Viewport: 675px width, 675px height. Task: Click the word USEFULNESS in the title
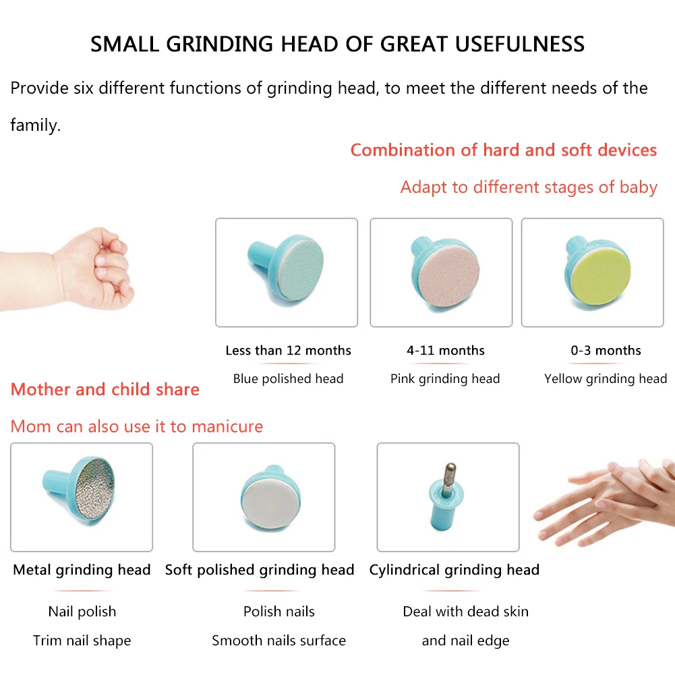pos(520,44)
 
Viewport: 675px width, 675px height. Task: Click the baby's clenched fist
pos(99,269)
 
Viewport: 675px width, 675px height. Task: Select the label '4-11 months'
pos(446,351)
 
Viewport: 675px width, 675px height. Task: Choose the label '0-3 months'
pos(606,351)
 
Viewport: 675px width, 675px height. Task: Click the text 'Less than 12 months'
pos(289,351)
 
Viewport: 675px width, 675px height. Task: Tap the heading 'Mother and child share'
pos(105,389)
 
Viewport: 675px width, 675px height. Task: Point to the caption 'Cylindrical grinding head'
pos(454,570)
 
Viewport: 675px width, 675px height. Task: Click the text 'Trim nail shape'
pos(82,641)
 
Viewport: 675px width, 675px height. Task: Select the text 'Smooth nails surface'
pos(279,641)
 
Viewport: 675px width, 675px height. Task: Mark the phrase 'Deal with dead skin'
pos(466,612)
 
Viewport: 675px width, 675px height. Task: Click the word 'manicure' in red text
pos(227,427)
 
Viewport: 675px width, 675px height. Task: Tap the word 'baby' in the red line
pos(639,187)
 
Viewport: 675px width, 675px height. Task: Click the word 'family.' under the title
pos(35,125)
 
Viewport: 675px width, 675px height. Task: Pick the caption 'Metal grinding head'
pos(82,570)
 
